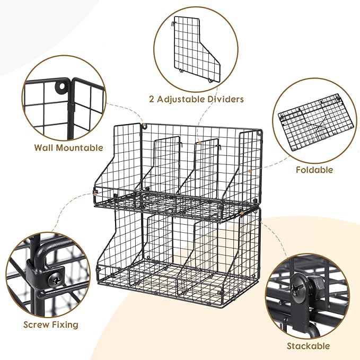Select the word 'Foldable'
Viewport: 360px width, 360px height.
[x=314, y=170]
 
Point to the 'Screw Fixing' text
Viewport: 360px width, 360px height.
[x=51, y=324]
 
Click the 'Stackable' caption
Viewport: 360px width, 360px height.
[x=308, y=346]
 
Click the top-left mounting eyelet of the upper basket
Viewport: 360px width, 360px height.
[x=143, y=126]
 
